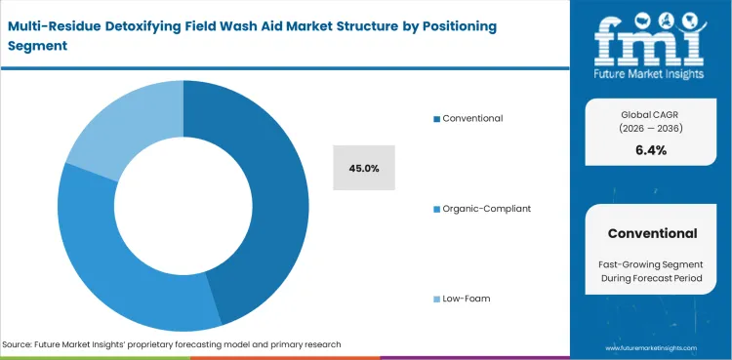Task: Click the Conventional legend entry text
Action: tap(472, 118)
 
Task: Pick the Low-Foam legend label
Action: tap(466, 298)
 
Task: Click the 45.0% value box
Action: tap(363, 169)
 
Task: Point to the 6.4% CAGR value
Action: tap(651, 150)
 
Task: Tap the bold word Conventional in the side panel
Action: tap(652, 233)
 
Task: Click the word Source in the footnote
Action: tap(20, 344)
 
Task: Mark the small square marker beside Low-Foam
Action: tap(436, 298)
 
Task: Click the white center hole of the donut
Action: tap(183, 206)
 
